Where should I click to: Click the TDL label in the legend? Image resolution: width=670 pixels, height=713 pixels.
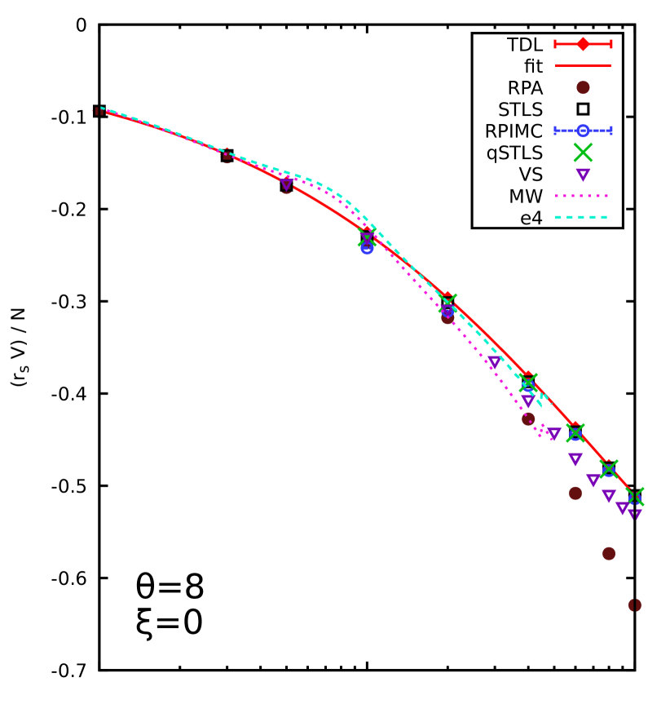tap(524, 44)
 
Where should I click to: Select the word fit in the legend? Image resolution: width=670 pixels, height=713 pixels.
tap(533, 66)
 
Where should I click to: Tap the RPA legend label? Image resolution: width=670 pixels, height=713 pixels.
tap(525, 87)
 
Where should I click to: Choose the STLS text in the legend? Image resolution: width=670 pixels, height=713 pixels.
tap(520, 109)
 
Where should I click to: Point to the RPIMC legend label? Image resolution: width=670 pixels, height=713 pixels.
tap(514, 131)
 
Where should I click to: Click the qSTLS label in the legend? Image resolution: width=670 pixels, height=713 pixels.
tap(514, 153)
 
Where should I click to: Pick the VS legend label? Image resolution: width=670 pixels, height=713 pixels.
tap(531, 175)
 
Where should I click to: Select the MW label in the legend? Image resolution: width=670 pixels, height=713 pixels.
tap(527, 197)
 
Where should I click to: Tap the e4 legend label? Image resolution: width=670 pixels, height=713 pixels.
tap(531, 218)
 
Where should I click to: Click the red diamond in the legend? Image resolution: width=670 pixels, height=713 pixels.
tap(583, 44)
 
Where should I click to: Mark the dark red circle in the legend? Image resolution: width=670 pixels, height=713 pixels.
tap(583, 87)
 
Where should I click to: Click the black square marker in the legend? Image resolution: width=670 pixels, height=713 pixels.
tap(583, 109)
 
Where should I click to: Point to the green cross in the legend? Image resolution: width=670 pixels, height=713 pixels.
tap(583, 153)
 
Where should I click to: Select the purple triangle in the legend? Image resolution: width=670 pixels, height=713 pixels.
tap(583, 175)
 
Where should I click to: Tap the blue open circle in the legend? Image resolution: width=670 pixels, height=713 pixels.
tap(583, 131)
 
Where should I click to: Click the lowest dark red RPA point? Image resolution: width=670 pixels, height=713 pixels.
tap(635, 604)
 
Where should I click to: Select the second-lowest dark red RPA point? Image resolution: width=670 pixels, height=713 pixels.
tap(609, 553)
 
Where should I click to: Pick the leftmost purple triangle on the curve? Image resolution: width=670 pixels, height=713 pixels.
tap(286, 184)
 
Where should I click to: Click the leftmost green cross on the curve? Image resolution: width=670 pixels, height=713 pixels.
tap(367, 237)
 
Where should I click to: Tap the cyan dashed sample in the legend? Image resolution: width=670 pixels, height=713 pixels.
tap(583, 218)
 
